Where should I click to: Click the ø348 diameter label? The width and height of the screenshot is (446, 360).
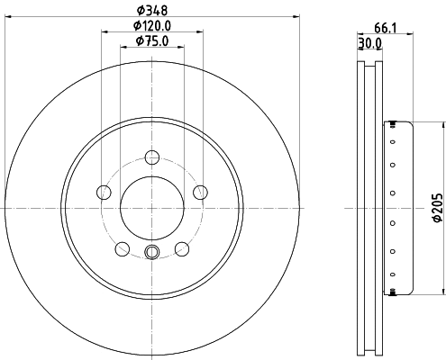151,11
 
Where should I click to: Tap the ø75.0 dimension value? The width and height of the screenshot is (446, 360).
151,41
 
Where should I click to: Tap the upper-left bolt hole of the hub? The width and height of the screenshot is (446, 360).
103,192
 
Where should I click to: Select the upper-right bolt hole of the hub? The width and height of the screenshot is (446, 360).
200,192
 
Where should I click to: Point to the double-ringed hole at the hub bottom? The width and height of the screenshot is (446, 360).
151,252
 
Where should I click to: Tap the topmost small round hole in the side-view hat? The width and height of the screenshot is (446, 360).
393,129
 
